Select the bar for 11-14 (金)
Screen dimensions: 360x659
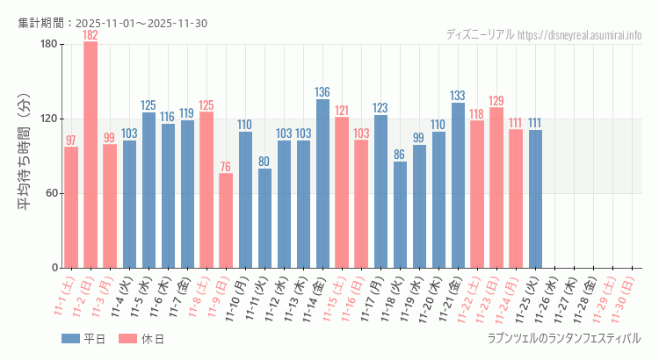(x=322, y=184)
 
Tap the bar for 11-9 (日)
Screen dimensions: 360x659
(x=226, y=220)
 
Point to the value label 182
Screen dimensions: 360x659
(x=91, y=35)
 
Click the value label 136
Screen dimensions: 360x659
(x=322, y=92)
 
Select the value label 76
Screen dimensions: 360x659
(x=226, y=167)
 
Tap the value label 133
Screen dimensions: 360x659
(x=458, y=96)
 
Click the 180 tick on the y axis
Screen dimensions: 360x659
(x=48, y=45)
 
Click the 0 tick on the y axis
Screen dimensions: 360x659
(x=54, y=268)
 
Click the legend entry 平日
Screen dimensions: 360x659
(x=83, y=339)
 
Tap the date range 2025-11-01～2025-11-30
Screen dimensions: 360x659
(x=141, y=23)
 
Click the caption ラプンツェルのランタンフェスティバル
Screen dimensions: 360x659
(x=563, y=338)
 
